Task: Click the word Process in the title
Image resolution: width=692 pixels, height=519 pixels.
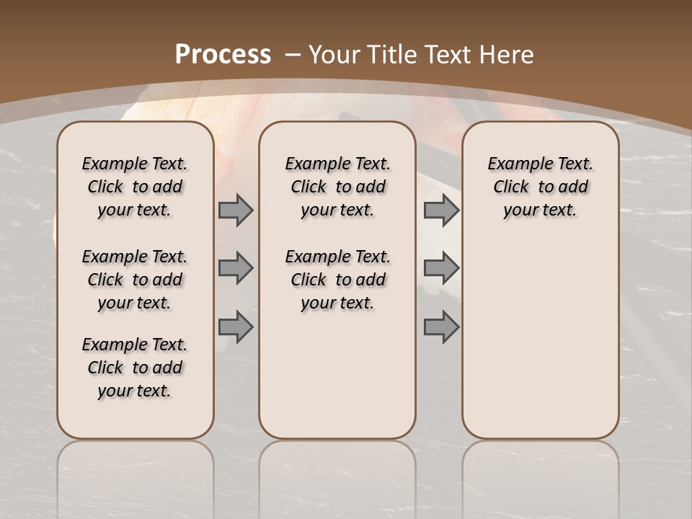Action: (223, 55)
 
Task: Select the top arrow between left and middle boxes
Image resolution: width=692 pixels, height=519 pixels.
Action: (236, 210)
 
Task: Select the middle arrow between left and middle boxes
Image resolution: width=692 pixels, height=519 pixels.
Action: (236, 268)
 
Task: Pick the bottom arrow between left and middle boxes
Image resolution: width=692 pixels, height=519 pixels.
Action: (236, 327)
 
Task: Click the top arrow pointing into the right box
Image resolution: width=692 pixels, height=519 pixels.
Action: (441, 210)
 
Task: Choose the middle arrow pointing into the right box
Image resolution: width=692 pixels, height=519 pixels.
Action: (441, 268)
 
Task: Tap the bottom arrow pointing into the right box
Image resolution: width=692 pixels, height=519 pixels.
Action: (441, 327)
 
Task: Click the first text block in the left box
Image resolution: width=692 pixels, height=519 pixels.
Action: (135, 187)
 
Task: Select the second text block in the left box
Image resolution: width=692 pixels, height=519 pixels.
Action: (135, 280)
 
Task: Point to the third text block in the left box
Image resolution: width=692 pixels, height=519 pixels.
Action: (135, 368)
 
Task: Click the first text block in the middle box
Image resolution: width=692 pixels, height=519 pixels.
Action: (338, 187)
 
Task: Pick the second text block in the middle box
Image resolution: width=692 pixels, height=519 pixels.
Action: (338, 280)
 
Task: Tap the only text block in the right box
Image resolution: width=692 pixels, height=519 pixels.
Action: (541, 187)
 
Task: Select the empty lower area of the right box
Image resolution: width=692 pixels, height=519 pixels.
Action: (541, 339)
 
